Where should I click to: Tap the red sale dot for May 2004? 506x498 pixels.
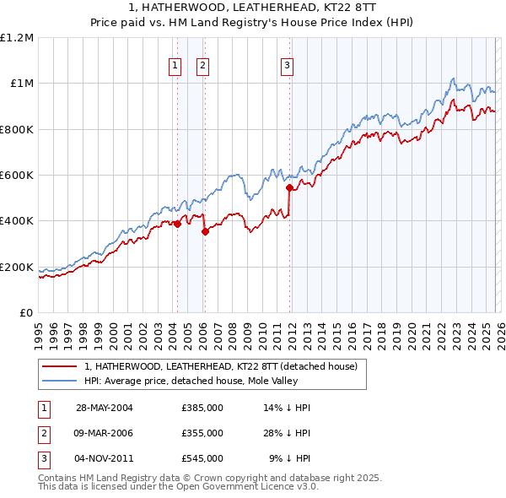coord(177,224)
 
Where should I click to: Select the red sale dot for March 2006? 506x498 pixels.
coord(205,231)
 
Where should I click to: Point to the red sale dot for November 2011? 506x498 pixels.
coord(289,187)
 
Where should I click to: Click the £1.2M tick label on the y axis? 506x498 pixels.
coord(17,38)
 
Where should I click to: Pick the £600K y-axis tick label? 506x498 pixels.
coord(17,176)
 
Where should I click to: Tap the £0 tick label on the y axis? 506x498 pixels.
coord(25,313)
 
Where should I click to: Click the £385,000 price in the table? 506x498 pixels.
coord(202,408)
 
